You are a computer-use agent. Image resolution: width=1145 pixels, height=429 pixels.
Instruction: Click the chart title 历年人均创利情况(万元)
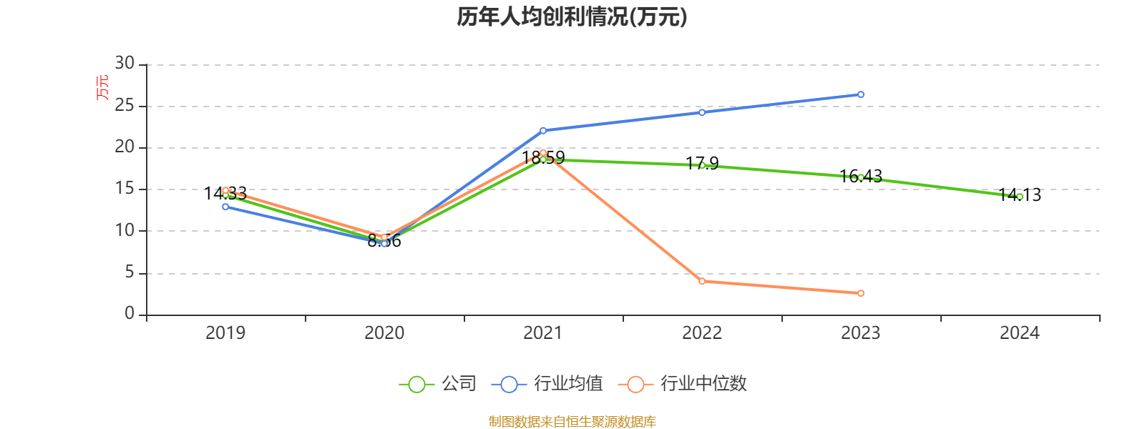(x=572, y=17)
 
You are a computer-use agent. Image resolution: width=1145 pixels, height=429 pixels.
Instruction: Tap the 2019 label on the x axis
(x=225, y=332)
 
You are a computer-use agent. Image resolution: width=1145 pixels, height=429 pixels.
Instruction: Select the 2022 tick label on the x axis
(x=702, y=332)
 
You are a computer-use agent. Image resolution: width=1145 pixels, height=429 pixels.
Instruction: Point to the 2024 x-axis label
(x=1020, y=332)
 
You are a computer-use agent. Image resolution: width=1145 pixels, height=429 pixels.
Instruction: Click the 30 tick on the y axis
(x=125, y=64)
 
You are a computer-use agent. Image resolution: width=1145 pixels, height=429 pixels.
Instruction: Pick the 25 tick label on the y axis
(x=125, y=106)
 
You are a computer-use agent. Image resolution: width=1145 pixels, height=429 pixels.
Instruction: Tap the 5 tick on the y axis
(x=130, y=272)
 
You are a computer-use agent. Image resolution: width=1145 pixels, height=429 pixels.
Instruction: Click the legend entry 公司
(x=438, y=384)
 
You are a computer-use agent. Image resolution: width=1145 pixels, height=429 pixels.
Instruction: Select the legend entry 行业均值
(x=547, y=384)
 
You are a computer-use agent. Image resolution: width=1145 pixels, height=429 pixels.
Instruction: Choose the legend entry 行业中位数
(x=686, y=384)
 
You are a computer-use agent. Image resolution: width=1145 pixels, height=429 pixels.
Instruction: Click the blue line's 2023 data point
(x=861, y=94)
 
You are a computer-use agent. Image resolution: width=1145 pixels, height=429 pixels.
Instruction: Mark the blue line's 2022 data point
(x=702, y=112)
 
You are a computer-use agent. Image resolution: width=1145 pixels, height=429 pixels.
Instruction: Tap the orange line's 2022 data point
(x=702, y=281)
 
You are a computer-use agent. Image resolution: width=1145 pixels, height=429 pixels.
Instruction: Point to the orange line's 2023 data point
(x=861, y=293)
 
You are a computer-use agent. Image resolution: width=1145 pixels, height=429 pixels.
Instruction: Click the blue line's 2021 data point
(x=543, y=130)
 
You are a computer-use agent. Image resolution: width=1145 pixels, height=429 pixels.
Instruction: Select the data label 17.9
(x=702, y=163)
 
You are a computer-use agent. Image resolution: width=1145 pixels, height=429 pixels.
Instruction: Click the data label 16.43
(x=861, y=176)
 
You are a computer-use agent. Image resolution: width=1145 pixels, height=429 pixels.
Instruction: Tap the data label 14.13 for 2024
(x=1020, y=194)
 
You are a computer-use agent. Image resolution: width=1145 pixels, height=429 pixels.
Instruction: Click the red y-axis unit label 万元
(x=103, y=87)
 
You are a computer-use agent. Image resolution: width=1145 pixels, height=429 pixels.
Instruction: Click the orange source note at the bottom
(x=572, y=421)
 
